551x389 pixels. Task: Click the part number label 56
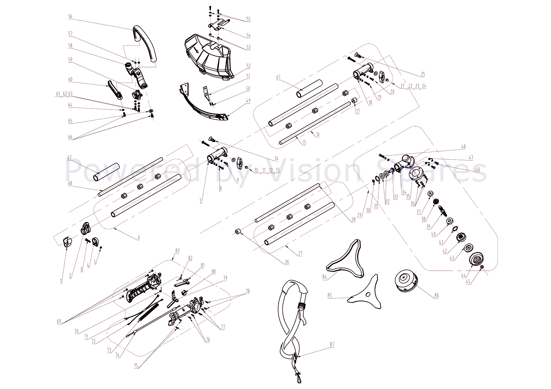[x=70, y=16]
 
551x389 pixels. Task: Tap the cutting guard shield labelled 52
[x=209, y=58]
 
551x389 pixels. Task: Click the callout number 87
[x=332, y=344]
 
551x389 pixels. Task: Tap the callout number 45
[x=468, y=282]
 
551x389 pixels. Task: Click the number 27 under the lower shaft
[x=300, y=253]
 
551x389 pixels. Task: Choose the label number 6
[x=139, y=237]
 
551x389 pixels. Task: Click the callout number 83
[x=177, y=250]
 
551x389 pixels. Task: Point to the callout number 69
[x=59, y=321]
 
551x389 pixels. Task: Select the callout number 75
[x=136, y=366]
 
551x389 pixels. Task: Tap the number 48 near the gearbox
[x=463, y=147]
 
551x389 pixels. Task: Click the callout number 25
[x=423, y=74]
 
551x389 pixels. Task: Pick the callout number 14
[x=276, y=158]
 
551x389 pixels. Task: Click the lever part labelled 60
[x=115, y=89]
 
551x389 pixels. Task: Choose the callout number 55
[x=248, y=19]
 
